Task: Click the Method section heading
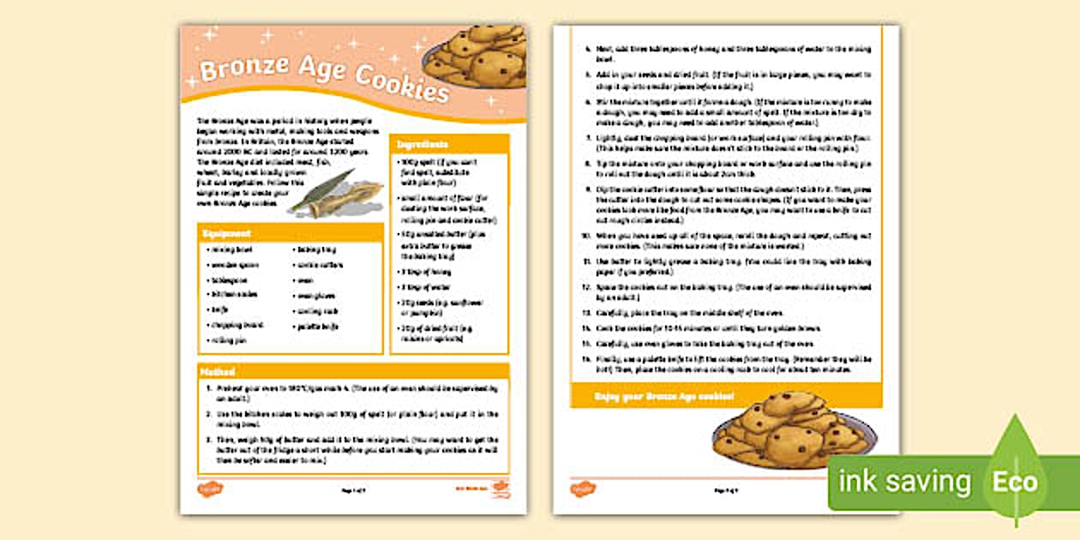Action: click(x=217, y=372)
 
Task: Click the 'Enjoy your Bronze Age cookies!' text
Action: click(x=664, y=397)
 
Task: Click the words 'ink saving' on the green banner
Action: click(x=904, y=483)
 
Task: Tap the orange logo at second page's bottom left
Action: click(x=583, y=489)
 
